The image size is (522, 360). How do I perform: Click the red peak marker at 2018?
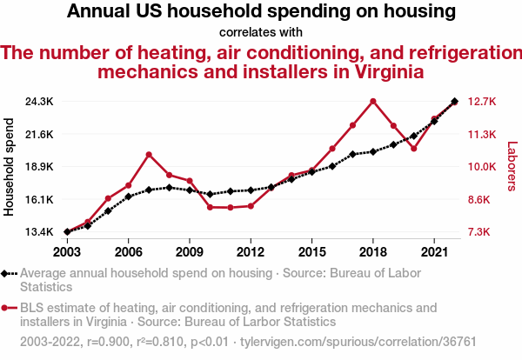(373, 101)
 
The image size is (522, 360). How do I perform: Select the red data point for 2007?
(149, 155)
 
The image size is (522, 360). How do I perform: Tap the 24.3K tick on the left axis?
(39, 102)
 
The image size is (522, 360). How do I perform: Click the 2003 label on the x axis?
(67, 250)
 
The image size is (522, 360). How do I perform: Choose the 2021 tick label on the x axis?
(434, 250)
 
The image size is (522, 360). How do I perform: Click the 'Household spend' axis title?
(10, 167)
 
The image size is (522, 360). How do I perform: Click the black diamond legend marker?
(5, 273)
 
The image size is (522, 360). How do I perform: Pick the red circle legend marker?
(5, 308)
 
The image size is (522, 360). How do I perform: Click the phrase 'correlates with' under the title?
(261, 33)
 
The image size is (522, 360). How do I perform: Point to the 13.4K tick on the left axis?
(39, 232)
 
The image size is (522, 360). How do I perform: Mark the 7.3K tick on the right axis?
(484, 232)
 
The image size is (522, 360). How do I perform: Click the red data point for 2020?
(414, 149)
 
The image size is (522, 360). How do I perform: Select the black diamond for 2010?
(210, 194)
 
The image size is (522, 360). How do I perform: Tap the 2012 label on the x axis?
(251, 250)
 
